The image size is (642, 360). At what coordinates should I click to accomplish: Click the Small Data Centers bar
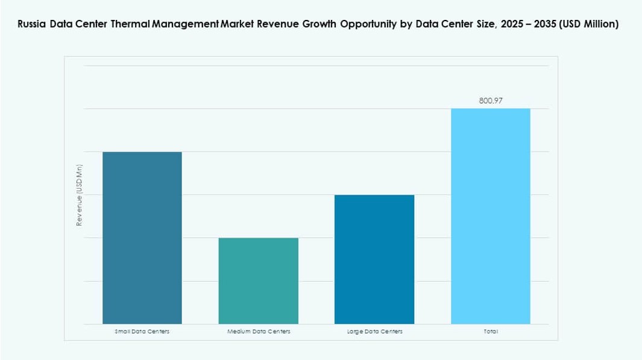coord(142,238)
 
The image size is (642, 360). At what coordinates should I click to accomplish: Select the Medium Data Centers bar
coord(258,280)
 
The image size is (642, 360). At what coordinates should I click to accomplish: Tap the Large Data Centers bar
coord(374,259)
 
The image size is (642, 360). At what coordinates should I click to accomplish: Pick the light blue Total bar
coord(491,216)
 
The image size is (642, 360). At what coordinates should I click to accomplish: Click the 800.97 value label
coord(491,101)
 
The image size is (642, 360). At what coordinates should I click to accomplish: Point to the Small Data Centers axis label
coord(142,332)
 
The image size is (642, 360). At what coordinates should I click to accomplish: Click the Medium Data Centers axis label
coord(259,332)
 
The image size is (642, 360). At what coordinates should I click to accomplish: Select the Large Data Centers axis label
coord(374,332)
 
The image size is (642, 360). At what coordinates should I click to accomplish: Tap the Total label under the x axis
coord(491,332)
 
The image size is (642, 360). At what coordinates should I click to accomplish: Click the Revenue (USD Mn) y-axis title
coord(79,195)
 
